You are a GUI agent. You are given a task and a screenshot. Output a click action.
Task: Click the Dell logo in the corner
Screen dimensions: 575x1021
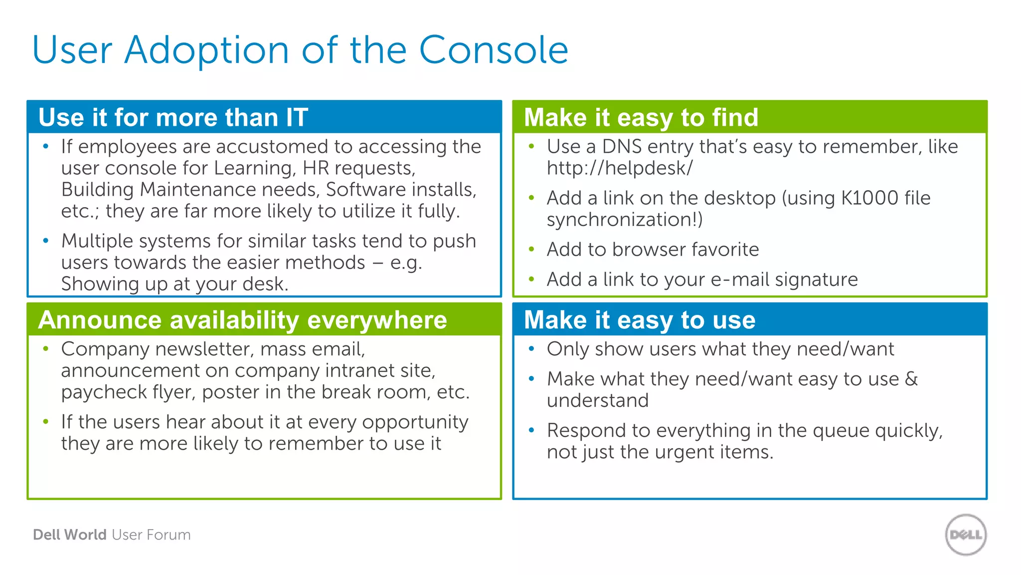click(966, 535)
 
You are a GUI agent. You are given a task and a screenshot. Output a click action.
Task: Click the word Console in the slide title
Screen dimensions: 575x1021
click(494, 50)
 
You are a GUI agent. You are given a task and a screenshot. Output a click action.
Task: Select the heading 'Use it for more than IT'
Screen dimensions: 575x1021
click(173, 118)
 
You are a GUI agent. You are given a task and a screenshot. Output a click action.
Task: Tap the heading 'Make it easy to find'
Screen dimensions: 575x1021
click(641, 118)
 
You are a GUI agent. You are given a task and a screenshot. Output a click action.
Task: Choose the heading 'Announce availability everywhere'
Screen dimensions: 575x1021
click(242, 320)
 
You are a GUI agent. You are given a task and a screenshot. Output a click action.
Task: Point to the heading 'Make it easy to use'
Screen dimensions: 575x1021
click(640, 320)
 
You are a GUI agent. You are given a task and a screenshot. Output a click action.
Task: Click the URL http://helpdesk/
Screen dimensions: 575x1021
click(620, 168)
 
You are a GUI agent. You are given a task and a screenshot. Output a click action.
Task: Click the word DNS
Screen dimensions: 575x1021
click(622, 147)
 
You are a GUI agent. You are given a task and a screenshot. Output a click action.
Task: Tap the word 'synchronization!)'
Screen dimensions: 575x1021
click(625, 220)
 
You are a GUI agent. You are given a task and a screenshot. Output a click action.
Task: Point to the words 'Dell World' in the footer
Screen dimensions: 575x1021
click(70, 535)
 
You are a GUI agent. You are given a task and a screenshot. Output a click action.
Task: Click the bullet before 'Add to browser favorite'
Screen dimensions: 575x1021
click(531, 250)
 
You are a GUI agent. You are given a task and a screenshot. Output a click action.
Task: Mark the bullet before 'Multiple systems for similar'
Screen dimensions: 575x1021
click(46, 241)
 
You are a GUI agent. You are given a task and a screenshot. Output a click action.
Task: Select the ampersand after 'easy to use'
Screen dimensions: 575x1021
click(911, 379)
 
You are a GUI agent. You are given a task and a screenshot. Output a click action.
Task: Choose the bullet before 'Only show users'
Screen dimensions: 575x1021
click(531, 349)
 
